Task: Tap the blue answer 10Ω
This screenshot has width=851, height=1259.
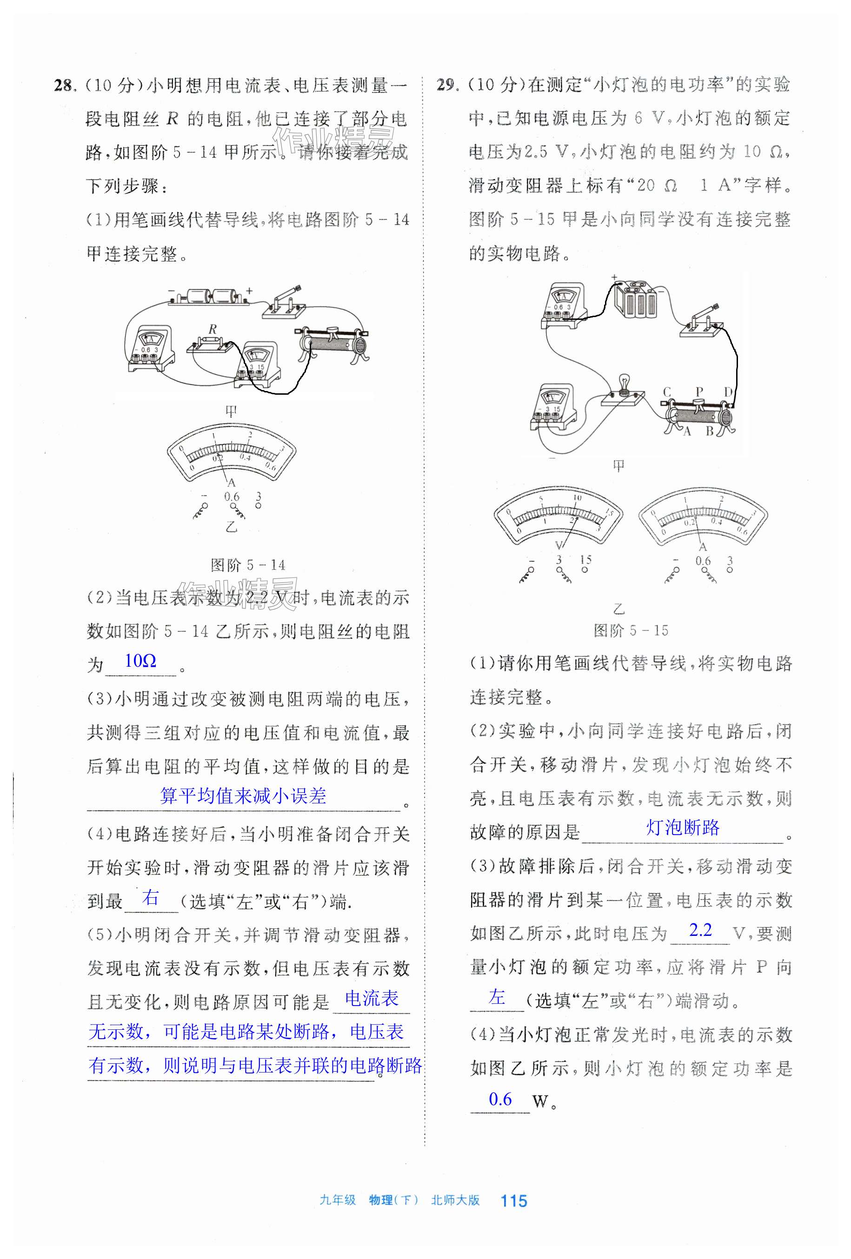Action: coord(140,661)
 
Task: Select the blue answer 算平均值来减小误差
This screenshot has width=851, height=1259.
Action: coord(243,796)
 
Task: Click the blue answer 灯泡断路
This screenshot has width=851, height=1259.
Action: coord(683,828)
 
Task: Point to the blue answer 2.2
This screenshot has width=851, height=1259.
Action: coord(700,930)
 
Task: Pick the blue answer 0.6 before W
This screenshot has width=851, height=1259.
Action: coord(500,1099)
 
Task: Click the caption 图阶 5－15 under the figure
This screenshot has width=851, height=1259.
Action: coord(631,630)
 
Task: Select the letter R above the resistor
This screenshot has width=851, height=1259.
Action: coord(213,329)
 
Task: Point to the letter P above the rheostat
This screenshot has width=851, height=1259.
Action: coord(699,391)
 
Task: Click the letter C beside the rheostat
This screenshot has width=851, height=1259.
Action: coord(667,391)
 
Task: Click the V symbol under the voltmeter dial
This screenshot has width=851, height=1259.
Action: coord(559,545)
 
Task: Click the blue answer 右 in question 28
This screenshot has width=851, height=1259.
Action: coord(150,898)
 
